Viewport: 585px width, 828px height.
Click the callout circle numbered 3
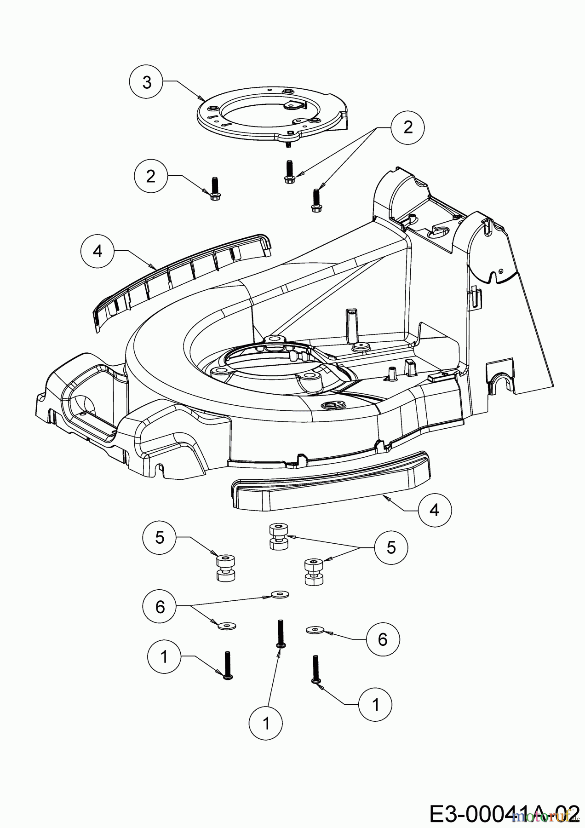146,83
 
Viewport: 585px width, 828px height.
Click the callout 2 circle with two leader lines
408,127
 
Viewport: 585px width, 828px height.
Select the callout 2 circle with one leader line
151,176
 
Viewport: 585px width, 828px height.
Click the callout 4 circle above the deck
97,251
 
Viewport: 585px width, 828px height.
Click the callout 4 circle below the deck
435,510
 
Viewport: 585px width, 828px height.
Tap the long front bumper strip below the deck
331,483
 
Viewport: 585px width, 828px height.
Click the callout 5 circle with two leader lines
391,547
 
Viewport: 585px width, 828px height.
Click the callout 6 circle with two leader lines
160,607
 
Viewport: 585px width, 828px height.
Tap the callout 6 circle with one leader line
383,639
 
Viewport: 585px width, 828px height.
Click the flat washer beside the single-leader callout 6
315,629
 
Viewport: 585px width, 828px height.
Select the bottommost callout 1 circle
266,724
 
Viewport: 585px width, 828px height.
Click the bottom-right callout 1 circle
375,704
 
